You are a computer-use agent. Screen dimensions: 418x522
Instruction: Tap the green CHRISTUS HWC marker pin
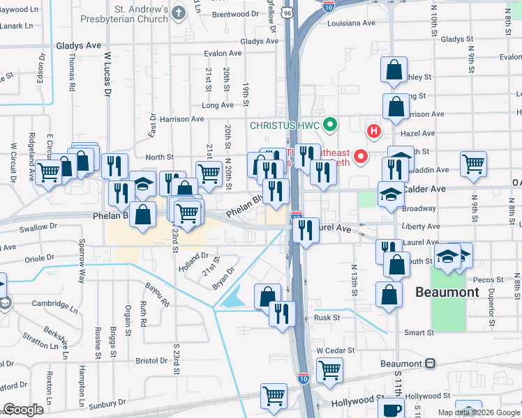[331, 125]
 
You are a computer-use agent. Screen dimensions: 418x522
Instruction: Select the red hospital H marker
[375, 130]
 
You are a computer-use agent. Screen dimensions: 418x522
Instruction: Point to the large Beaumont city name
[447, 292]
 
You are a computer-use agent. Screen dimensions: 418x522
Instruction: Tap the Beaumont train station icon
[431, 364]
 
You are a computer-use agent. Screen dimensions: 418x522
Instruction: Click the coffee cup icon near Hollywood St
[393, 409]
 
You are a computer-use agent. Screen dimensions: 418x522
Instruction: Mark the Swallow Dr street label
[38, 227]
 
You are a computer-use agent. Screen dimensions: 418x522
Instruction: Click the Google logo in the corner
[24, 410]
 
